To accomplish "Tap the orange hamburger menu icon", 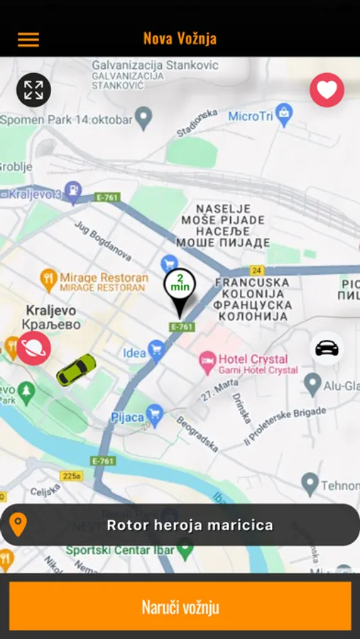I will pos(28,39).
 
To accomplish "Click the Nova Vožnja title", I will pos(180,38).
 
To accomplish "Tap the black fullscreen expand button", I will pos(33,90).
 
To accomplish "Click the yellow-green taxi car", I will pos(76,369).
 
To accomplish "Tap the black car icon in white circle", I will pos(327,348).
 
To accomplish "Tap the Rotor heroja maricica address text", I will pos(190,525).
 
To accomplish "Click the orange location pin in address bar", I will pos(18,525).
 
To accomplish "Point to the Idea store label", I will pos(134,353).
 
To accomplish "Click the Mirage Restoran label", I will pos(104,278).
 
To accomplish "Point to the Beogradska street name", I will pos(197,433).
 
